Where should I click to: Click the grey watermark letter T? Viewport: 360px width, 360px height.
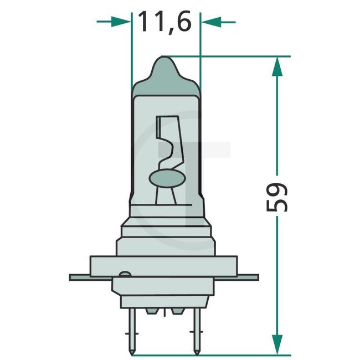194,166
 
